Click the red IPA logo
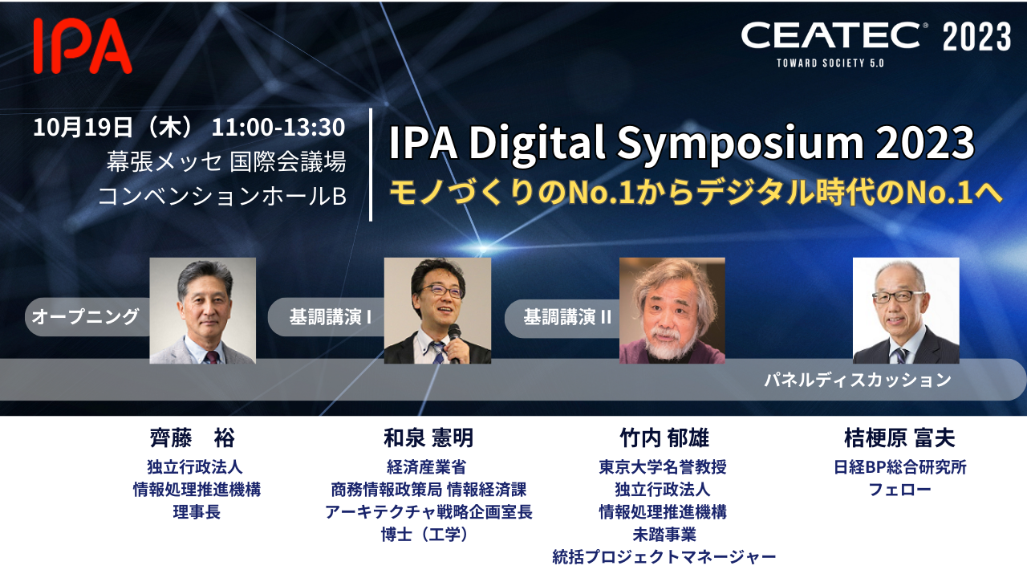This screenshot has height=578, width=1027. pos(83,46)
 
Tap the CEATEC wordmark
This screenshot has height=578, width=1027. pos(830,35)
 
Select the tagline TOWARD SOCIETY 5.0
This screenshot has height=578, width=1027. pos(830,63)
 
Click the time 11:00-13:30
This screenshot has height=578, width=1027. pos(278,127)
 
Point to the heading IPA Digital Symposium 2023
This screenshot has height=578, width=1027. pos(682,142)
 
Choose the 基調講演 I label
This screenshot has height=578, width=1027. pos(330,317)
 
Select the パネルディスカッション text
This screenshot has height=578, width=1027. pos(858,380)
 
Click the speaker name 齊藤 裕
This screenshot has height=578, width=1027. pos(193,438)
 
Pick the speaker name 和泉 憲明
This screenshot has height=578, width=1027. pos(428,438)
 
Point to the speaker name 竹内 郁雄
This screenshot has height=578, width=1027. pos(664,438)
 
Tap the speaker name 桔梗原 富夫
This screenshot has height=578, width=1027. pos(900,438)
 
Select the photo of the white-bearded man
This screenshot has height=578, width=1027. pos(672,311)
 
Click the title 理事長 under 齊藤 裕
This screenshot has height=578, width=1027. pos(197,512)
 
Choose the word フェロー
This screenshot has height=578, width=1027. pos(900,490)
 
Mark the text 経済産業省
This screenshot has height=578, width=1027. pos(426,467)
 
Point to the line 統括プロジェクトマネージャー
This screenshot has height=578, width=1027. pos(664,557)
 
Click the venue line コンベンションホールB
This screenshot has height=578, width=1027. pos(222,196)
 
